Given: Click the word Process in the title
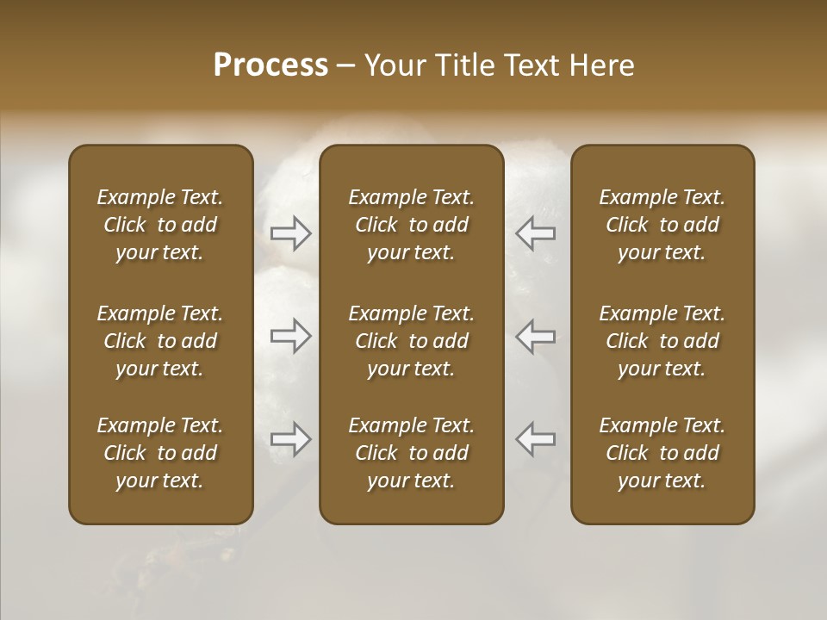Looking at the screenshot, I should pyautogui.click(x=270, y=65).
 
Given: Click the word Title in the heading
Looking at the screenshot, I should pyautogui.click(x=463, y=65).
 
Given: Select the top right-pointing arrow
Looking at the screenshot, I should pyautogui.click(x=291, y=233).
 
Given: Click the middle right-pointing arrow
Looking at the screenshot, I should pyautogui.click(x=291, y=336).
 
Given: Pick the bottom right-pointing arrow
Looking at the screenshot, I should pyautogui.click(x=291, y=439).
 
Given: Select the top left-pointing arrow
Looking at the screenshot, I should pyautogui.click(x=535, y=233).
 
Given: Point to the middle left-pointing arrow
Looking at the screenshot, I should pyautogui.click(x=535, y=336).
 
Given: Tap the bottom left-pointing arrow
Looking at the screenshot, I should pyautogui.click(x=535, y=439).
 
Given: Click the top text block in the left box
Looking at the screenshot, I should pyautogui.click(x=160, y=225).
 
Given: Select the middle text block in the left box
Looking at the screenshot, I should pyautogui.click(x=160, y=341).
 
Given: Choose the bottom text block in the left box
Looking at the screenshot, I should pyautogui.click(x=160, y=453).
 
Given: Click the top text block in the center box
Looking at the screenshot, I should pyautogui.click(x=411, y=225).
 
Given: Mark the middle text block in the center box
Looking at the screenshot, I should pyautogui.click(x=411, y=341).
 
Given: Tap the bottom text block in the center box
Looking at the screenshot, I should pyautogui.click(x=411, y=453).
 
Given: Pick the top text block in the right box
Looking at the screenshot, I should pyautogui.click(x=662, y=225).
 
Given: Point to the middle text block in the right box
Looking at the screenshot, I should pyautogui.click(x=662, y=341).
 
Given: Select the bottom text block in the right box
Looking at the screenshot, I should pyautogui.click(x=662, y=453).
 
